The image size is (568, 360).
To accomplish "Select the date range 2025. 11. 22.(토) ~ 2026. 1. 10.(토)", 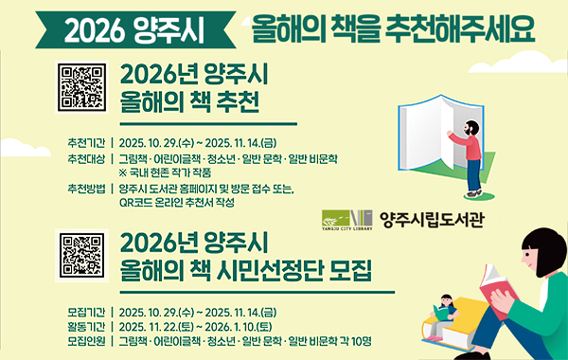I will click(x=203, y=326).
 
